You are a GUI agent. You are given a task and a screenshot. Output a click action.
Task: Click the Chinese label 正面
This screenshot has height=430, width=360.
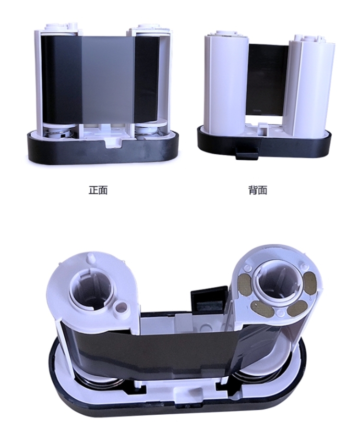(98, 190)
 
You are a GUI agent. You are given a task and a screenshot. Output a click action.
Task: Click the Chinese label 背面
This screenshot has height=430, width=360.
(258, 190)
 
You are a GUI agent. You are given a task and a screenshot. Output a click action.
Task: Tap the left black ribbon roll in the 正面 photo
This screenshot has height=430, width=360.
(61, 80)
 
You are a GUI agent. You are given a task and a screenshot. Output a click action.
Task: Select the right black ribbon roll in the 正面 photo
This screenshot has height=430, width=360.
(147, 80)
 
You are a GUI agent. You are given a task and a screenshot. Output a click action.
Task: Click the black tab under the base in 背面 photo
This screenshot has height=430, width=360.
(246, 153)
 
